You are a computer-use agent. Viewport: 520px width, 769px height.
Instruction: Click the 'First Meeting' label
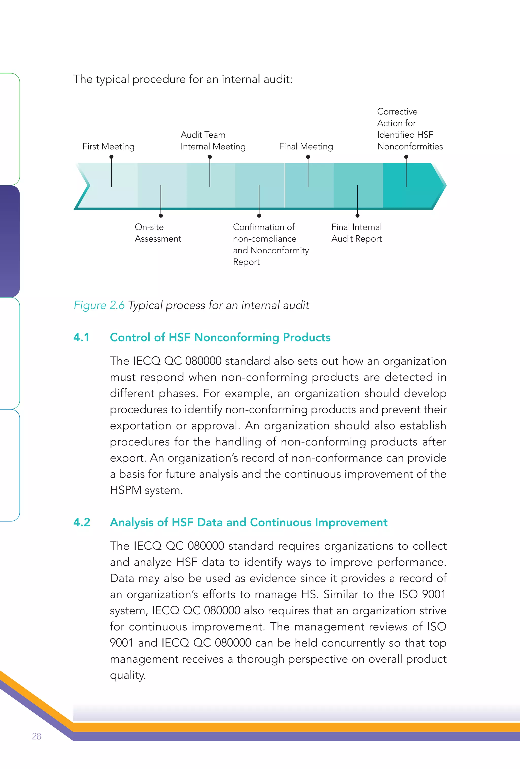pyautogui.click(x=108, y=146)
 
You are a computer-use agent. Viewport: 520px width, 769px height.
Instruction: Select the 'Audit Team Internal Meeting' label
pyautogui.click(x=213, y=141)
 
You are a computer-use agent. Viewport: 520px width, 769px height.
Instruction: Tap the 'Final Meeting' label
pyautogui.click(x=306, y=146)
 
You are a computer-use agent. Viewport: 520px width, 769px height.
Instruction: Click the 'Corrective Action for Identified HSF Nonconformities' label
pyautogui.click(x=410, y=129)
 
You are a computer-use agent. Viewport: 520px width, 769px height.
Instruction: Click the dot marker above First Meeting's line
pyautogui.click(x=111, y=157)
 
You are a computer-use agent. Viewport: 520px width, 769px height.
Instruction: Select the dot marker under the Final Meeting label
pyautogui.click(x=308, y=157)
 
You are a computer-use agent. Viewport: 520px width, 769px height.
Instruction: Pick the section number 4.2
pyautogui.click(x=82, y=522)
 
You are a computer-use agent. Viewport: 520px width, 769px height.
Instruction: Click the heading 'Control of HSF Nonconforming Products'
pyautogui.click(x=220, y=337)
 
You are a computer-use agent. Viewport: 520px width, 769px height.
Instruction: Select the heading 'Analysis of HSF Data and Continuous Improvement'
pyautogui.click(x=249, y=522)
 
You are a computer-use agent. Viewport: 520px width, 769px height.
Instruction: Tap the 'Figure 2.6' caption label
pyautogui.click(x=99, y=305)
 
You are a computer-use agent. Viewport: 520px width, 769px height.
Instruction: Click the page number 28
pyautogui.click(x=36, y=736)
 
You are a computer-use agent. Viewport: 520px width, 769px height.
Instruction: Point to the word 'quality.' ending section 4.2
pyautogui.click(x=128, y=675)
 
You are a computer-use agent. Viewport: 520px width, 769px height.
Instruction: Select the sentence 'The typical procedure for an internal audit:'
pyautogui.click(x=183, y=79)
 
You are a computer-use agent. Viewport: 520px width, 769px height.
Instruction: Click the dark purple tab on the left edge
pyautogui.click(x=10, y=241)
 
